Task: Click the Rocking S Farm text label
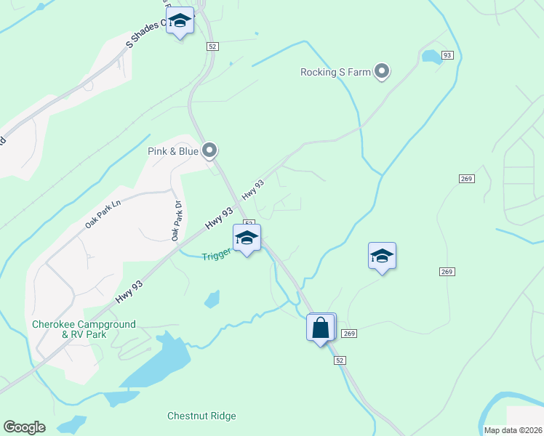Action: (335, 72)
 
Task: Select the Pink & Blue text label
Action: (173, 151)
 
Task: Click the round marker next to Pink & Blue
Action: (209, 150)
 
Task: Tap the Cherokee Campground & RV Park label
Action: (84, 329)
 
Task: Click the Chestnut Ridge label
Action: (201, 416)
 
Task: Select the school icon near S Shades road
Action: (180, 21)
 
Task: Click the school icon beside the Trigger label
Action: (247, 238)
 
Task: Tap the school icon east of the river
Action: (382, 256)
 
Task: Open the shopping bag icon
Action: (321, 328)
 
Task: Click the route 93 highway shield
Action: (447, 55)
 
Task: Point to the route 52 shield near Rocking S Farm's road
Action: (212, 46)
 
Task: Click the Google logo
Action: (24, 427)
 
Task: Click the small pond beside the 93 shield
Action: (431, 57)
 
